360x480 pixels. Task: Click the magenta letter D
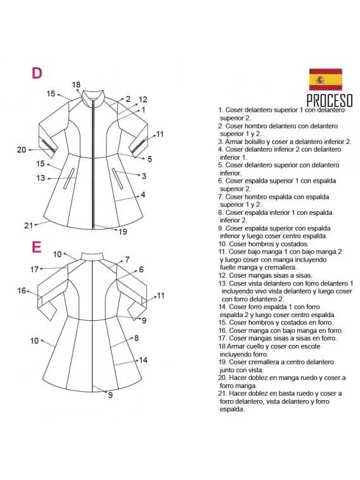(x=37, y=73)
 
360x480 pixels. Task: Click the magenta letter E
(x=36, y=247)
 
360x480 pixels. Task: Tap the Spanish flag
(x=325, y=79)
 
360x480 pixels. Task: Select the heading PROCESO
(x=330, y=100)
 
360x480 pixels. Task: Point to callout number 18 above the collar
(x=76, y=84)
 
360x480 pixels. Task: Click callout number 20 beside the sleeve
(x=22, y=150)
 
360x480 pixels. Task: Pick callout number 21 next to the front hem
(x=29, y=226)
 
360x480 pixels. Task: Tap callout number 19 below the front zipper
(x=123, y=231)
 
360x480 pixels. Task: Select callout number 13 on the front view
(x=41, y=178)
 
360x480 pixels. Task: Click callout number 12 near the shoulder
(x=143, y=99)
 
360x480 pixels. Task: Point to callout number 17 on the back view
(x=34, y=269)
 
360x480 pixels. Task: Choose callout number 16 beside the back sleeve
(x=22, y=290)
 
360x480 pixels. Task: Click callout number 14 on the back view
(x=143, y=360)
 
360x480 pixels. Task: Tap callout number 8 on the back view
(x=136, y=338)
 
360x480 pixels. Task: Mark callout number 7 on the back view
(x=127, y=259)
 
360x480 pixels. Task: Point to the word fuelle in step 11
(x=228, y=267)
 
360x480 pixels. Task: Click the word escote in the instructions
(x=310, y=346)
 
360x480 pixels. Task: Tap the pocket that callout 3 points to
(x=117, y=178)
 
